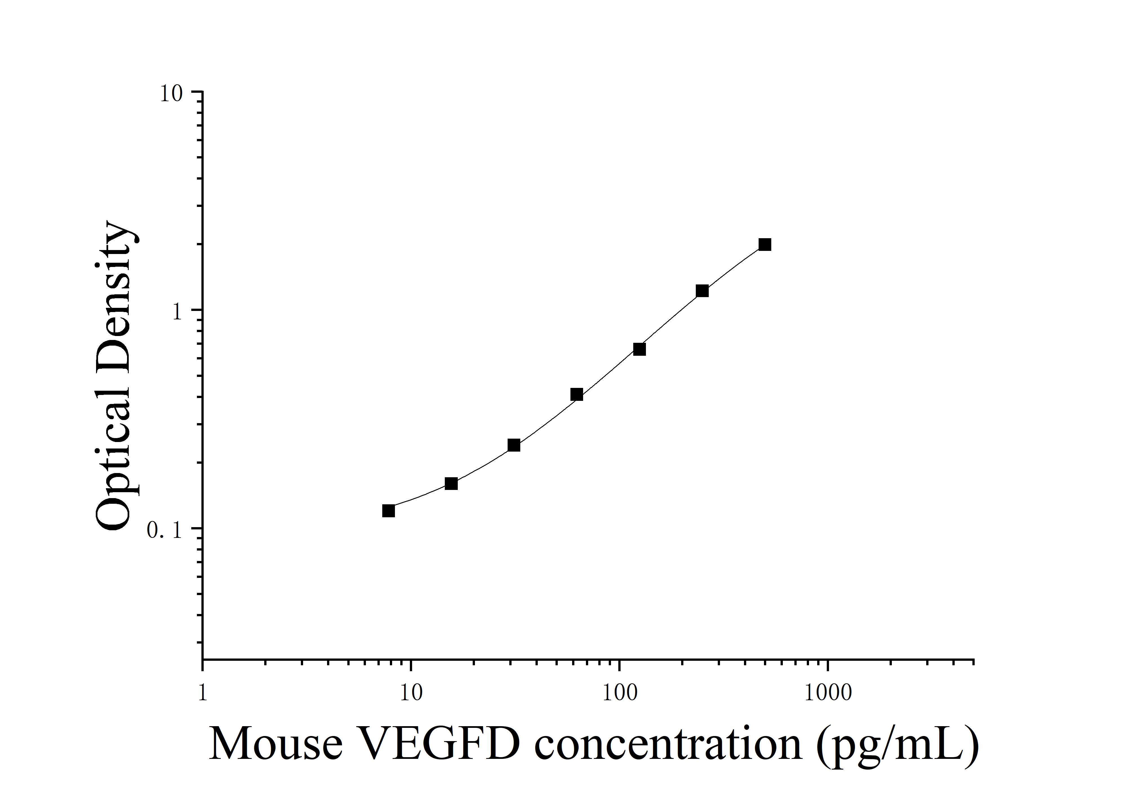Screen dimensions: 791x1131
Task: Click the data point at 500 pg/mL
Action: click(765, 244)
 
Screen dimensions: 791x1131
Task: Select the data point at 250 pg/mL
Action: click(702, 291)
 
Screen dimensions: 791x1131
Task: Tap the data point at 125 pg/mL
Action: click(639, 349)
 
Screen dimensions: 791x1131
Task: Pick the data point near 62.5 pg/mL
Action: click(577, 394)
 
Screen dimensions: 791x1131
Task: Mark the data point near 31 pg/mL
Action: click(514, 445)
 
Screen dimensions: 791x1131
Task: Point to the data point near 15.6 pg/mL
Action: click(451, 483)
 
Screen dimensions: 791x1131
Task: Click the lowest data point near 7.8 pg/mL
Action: click(389, 511)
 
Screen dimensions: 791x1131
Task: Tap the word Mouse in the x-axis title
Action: click(276, 744)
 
